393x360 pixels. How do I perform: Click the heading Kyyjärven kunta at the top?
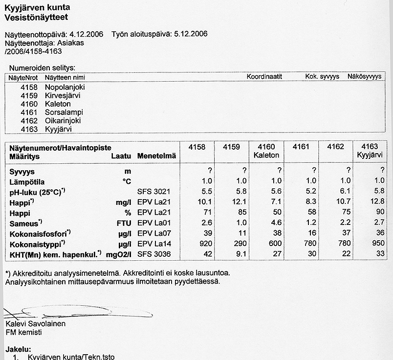point(37,7)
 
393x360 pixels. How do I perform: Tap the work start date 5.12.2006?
point(190,34)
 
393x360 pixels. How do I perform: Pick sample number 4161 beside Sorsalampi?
point(29,112)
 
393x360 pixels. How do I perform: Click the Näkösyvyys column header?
point(364,77)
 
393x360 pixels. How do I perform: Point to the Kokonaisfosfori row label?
point(40,233)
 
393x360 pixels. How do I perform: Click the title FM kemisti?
point(23,332)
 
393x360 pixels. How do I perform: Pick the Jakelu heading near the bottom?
point(18,349)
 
